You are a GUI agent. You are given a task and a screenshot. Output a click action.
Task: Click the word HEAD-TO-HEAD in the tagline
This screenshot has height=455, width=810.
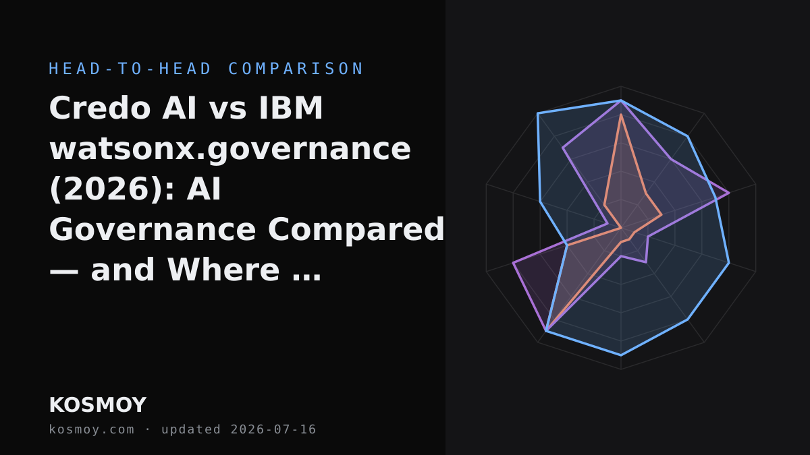[x=130, y=69]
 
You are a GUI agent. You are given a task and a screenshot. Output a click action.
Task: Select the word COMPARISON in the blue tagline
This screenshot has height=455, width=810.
[x=296, y=69]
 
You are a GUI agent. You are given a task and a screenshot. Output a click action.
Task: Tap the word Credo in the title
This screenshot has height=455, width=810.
[x=100, y=108]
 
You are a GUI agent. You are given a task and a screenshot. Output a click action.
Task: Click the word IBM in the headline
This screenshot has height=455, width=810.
[x=290, y=108]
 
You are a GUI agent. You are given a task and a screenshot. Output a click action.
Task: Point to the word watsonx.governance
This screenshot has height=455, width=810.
[x=230, y=150]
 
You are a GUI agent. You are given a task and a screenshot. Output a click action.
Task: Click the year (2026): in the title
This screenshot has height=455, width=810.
[x=113, y=189]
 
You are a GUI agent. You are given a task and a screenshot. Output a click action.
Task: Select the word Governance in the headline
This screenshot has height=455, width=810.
[x=153, y=230]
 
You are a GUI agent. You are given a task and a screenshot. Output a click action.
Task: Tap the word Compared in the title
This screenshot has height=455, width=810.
[x=356, y=231]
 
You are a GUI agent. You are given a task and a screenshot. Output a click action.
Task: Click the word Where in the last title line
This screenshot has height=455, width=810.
[x=223, y=270]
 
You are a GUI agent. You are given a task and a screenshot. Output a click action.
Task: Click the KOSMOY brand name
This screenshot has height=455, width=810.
[x=98, y=405]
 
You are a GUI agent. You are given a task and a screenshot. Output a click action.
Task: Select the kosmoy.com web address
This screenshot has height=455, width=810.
[x=92, y=430]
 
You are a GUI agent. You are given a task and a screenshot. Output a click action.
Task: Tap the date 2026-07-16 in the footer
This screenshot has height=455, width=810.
[x=273, y=429]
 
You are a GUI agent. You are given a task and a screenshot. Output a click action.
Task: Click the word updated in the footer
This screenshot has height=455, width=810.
[x=191, y=430]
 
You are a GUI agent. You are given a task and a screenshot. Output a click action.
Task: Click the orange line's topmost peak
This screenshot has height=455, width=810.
[x=621, y=115]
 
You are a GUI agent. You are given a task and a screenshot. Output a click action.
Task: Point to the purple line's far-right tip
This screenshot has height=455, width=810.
[x=729, y=193]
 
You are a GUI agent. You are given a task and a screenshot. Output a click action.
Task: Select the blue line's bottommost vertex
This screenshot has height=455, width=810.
[x=621, y=356]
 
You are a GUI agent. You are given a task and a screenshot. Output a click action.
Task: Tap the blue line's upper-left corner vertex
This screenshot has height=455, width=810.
[x=538, y=113]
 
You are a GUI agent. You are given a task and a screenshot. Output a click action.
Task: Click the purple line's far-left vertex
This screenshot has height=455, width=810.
[x=513, y=263]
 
